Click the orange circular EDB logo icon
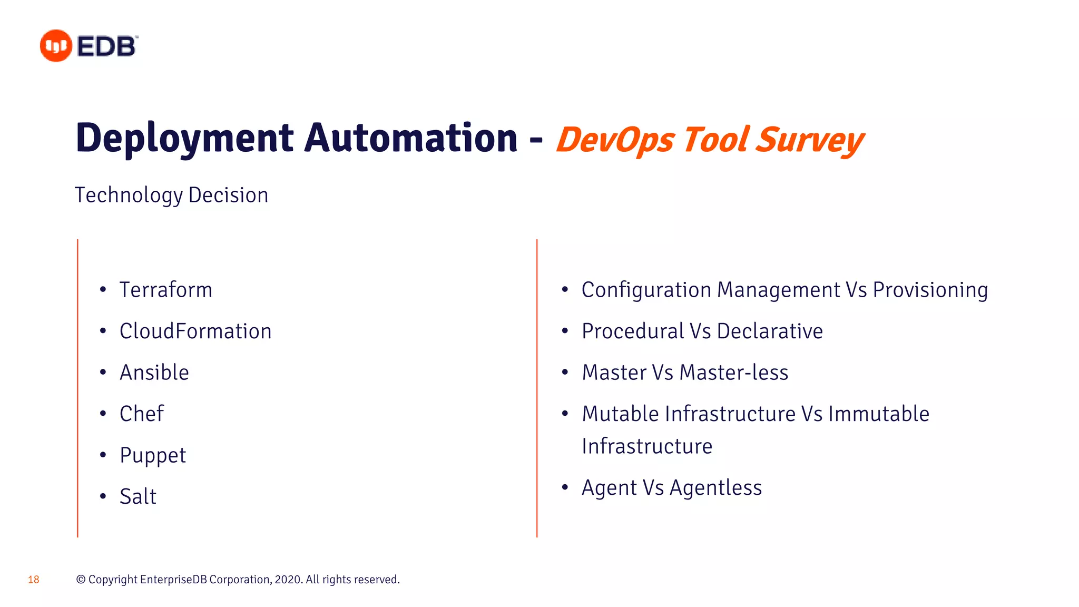point(56,46)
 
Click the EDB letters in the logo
point(107,46)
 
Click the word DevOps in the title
point(615,140)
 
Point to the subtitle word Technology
point(129,195)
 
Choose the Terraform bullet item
point(166,290)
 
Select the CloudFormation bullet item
point(195,331)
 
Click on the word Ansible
point(154,373)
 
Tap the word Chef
point(142,414)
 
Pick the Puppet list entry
point(153,455)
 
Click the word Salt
point(138,496)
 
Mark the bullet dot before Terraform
point(103,289)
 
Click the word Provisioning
point(930,290)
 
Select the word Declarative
point(770,331)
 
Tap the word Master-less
point(734,373)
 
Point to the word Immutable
point(879,414)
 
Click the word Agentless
point(715,488)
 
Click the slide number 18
point(34,580)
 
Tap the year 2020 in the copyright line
point(288,580)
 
